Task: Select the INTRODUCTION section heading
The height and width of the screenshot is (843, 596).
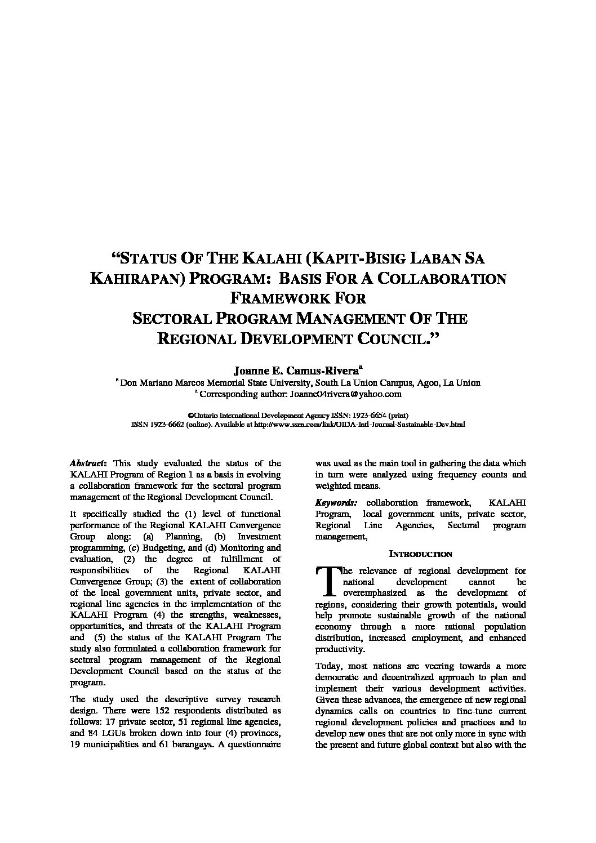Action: pos(421,554)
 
